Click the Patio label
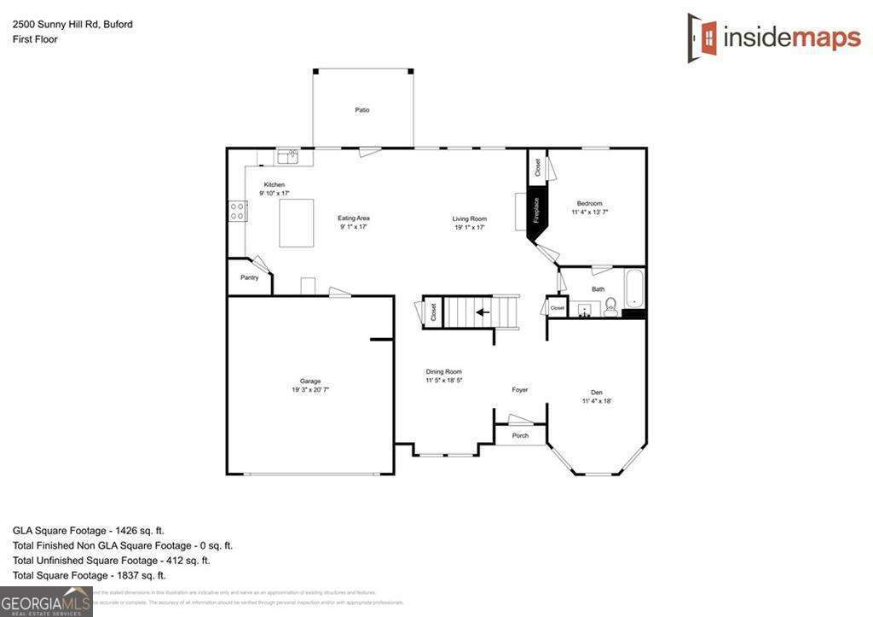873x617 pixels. [362, 110]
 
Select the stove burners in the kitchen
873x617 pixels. [237, 211]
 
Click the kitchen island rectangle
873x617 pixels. [297, 223]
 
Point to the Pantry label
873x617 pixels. [249, 277]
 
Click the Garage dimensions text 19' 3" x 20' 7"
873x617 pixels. [310, 389]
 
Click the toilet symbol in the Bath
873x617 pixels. [610, 309]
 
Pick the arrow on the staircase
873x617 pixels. [483, 311]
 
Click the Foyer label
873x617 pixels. [520, 390]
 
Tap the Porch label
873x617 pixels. [520, 435]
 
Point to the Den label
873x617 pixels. [597, 393]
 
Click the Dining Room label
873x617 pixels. [444, 371]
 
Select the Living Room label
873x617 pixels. [469, 218]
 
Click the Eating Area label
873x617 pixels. [354, 218]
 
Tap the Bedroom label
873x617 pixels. [589, 203]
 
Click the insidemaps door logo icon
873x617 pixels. [702, 38]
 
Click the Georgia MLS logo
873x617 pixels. [46, 602]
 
